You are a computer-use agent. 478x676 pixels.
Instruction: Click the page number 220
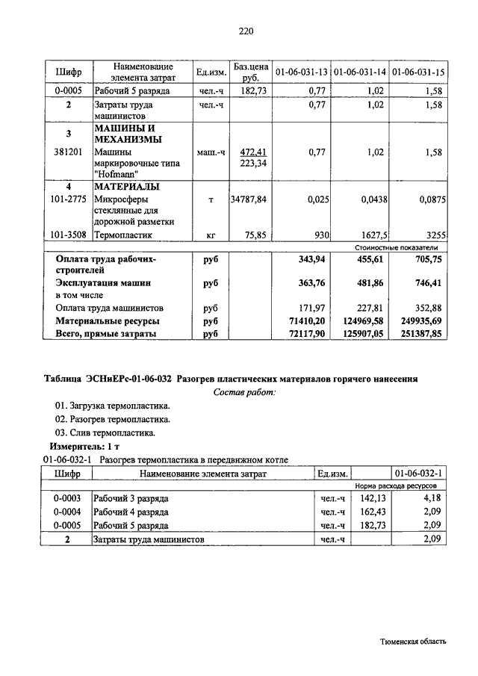tap(246, 31)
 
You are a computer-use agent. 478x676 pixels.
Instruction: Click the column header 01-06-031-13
tap(301, 72)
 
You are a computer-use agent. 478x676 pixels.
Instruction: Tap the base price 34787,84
tap(249, 200)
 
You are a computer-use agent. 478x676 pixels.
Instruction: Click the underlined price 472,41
tap(250, 152)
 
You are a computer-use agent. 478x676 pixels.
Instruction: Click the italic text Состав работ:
tap(244, 392)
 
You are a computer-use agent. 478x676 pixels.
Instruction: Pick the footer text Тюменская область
tap(413, 642)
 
